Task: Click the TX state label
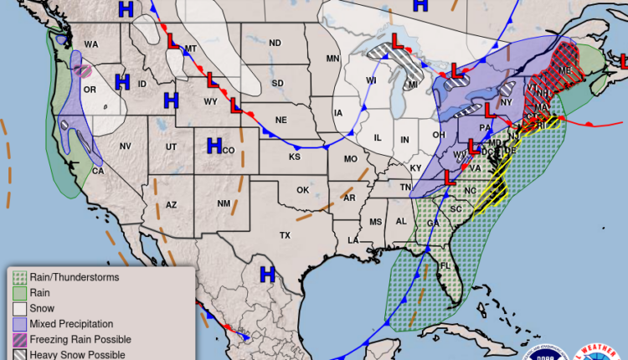tap(285, 235)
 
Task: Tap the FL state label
tap(445, 266)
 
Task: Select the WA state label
tap(90, 44)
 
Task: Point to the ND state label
tap(274, 44)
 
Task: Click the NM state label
tap(224, 203)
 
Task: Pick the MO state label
tap(350, 159)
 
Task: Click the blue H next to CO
tap(214, 147)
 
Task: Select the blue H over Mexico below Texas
tap(267, 274)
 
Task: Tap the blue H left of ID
tap(122, 82)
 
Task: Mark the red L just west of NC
tap(449, 177)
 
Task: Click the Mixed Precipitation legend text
tap(71, 323)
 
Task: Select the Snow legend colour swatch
tap(18, 308)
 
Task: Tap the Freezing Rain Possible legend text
tap(80, 339)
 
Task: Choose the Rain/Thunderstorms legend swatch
tap(18, 277)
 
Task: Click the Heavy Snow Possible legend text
tap(76, 354)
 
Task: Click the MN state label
tap(332, 58)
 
